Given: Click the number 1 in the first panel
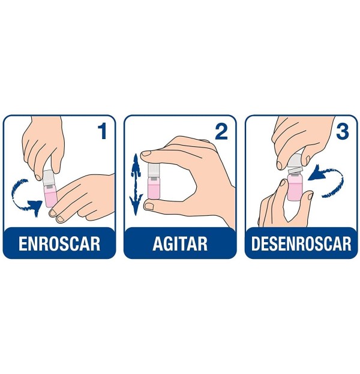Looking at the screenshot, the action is coord(103,131).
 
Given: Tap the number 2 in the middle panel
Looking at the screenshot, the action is coord(221,132).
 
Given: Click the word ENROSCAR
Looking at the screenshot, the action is coord(59,244).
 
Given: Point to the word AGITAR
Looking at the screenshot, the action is coord(180,244).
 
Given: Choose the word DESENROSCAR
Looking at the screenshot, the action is coord(301,244).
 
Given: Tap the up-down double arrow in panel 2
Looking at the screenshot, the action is coord(136,184).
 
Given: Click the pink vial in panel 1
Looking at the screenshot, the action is coord(50,196).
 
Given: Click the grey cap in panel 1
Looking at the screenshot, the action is coord(49,178).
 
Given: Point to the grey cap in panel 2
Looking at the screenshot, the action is coord(154,170).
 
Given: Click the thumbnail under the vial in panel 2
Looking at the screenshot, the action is coord(149,206).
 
